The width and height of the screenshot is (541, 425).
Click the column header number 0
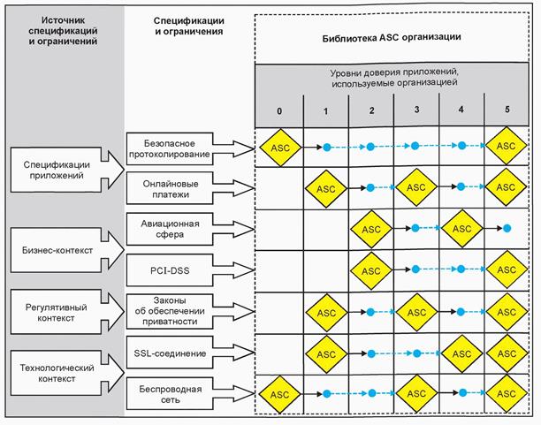(279, 111)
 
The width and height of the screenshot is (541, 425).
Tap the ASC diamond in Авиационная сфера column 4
(461, 229)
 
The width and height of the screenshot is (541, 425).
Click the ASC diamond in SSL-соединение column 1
(326, 353)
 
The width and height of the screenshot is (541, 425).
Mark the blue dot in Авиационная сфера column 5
(507, 229)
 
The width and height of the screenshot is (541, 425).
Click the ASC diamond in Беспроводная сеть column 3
(416, 393)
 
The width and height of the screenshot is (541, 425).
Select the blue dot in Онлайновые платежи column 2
(371, 188)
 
